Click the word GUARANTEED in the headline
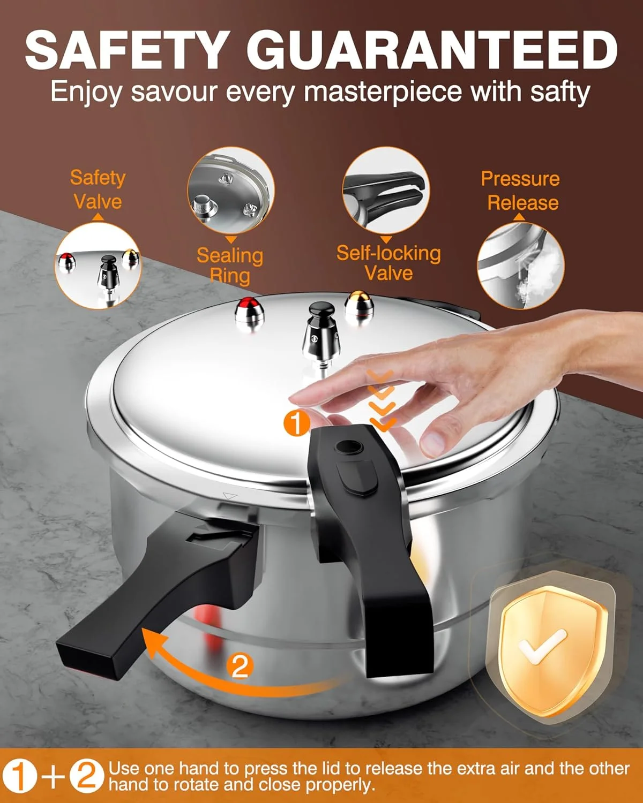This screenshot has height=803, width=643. point(432,49)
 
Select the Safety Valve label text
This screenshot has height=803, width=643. point(98,190)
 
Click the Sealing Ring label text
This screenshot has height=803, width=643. point(230,265)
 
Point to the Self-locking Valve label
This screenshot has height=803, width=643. point(388,263)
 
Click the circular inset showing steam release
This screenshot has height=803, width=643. point(520,266)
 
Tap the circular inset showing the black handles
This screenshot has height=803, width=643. point(386,191)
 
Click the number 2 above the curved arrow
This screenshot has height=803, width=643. point(240,666)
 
